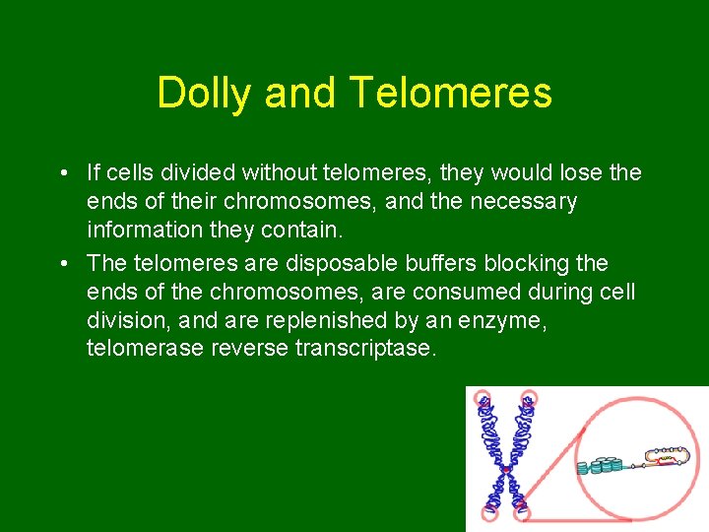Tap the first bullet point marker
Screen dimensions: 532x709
click(x=63, y=174)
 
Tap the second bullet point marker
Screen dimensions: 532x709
click(x=63, y=264)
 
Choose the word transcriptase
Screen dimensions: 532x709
click(x=364, y=349)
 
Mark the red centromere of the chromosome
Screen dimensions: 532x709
click(x=505, y=470)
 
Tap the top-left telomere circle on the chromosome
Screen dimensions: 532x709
click(x=483, y=400)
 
